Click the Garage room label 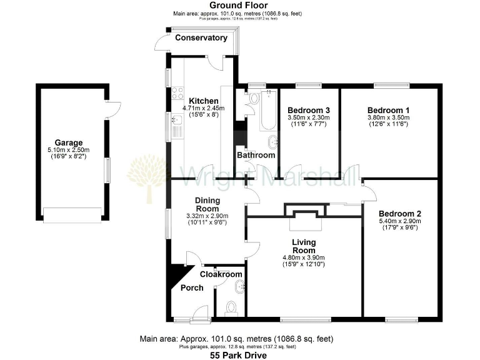67,142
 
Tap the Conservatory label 201,38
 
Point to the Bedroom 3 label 309,110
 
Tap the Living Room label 304,246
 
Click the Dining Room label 206,205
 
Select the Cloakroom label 221,274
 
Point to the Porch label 192,288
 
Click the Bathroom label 256,155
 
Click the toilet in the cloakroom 231,307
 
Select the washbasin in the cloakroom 240,287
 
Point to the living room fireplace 304,211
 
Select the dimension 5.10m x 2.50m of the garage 67,150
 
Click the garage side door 111,109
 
